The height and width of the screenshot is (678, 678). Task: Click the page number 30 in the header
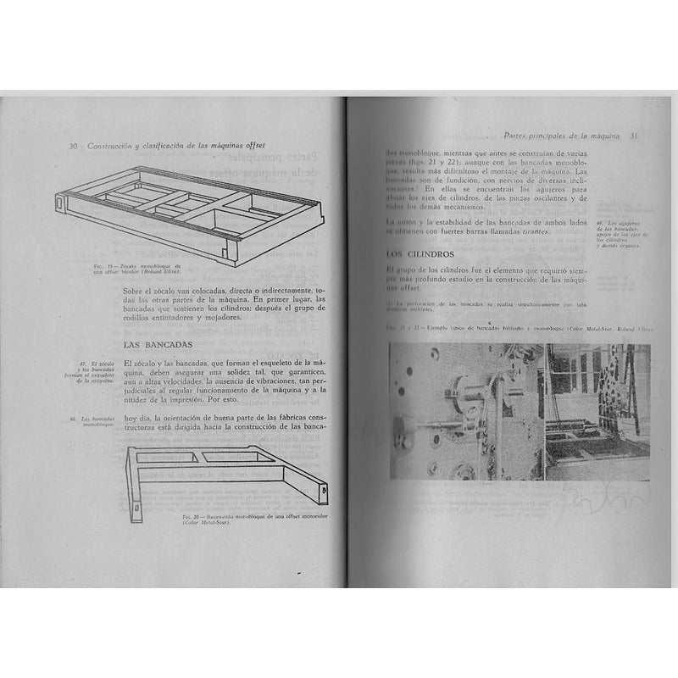[x=74, y=146]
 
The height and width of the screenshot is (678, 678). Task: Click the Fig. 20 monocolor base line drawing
[x=229, y=475]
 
